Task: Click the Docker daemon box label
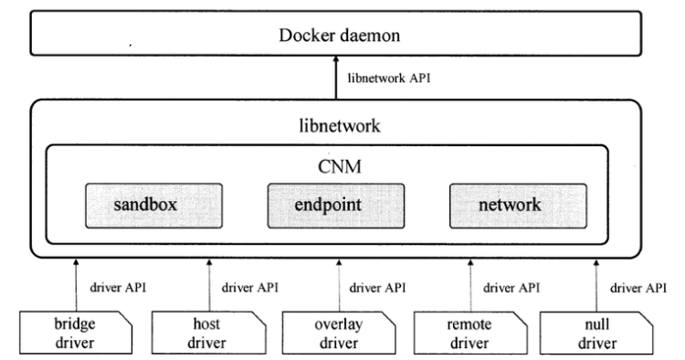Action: pyautogui.click(x=340, y=36)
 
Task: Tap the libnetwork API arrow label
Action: pyautogui.click(x=389, y=79)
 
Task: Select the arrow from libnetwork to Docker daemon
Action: pyautogui.click(x=336, y=78)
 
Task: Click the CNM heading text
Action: pyautogui.click(x=340, y=166)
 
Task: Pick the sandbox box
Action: pyautogui.click(x=153, y=206)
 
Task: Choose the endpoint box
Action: pyautogui.click(x=336, y=206)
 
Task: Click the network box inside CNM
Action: pyautogui.click(x=518, y=206)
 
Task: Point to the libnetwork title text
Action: pyautogui.click(x=340, y=126)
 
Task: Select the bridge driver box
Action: pyautogui.click(x=76, y=333)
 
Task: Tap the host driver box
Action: pyautogui.click(x=209, y=333)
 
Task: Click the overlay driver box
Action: pyautogui.click(x=339, y=333)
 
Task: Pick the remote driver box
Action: pyautogui.click(x=470, y=333)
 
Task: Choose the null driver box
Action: pyautogui.click(x=596, y=333)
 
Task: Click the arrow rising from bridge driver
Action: pyautogui.click(x=76, y=285)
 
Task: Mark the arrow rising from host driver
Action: pyautogui.click(x=209, y=285)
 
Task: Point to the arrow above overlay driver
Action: pyautogui.click(x=339, y=285)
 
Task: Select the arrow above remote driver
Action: pyautogui.click(x=470, y=285)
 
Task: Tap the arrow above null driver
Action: pyautogui.click(x=596, y=285)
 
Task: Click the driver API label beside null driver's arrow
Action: pyautogui.click(x=638, y=288)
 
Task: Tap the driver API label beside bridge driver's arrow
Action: pyautogui.click(x=118, y=288)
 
